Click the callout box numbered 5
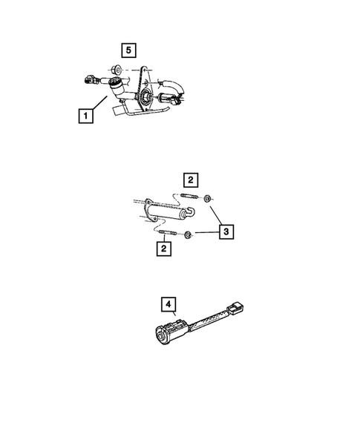(129, 50)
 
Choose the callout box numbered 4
(169, 305)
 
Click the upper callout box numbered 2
(191, 180)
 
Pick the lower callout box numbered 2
(161, 249)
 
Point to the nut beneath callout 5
(117, 71)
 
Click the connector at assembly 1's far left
(90, 77)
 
